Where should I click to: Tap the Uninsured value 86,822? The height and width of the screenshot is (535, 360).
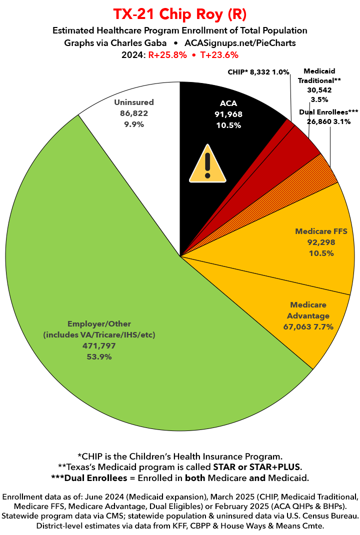[133, 113]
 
